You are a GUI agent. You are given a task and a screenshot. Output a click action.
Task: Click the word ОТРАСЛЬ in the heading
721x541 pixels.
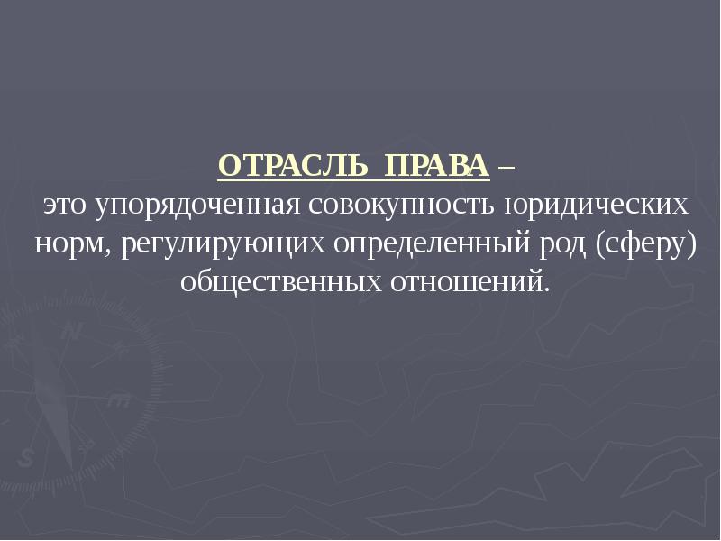293,166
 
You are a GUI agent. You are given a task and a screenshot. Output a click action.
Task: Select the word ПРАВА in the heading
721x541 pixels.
437,166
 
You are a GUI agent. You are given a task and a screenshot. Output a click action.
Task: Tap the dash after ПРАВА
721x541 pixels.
506,168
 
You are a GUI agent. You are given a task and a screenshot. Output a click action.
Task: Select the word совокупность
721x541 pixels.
402,207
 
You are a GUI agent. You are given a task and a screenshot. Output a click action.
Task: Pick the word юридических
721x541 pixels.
597,207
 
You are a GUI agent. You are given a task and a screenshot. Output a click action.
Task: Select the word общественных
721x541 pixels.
281,283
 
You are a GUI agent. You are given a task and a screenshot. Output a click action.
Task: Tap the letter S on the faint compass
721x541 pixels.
25,458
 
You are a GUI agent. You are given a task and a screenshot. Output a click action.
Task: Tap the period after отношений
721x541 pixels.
546,289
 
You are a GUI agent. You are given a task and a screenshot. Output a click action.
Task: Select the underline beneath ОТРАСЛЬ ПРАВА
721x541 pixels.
353,179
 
